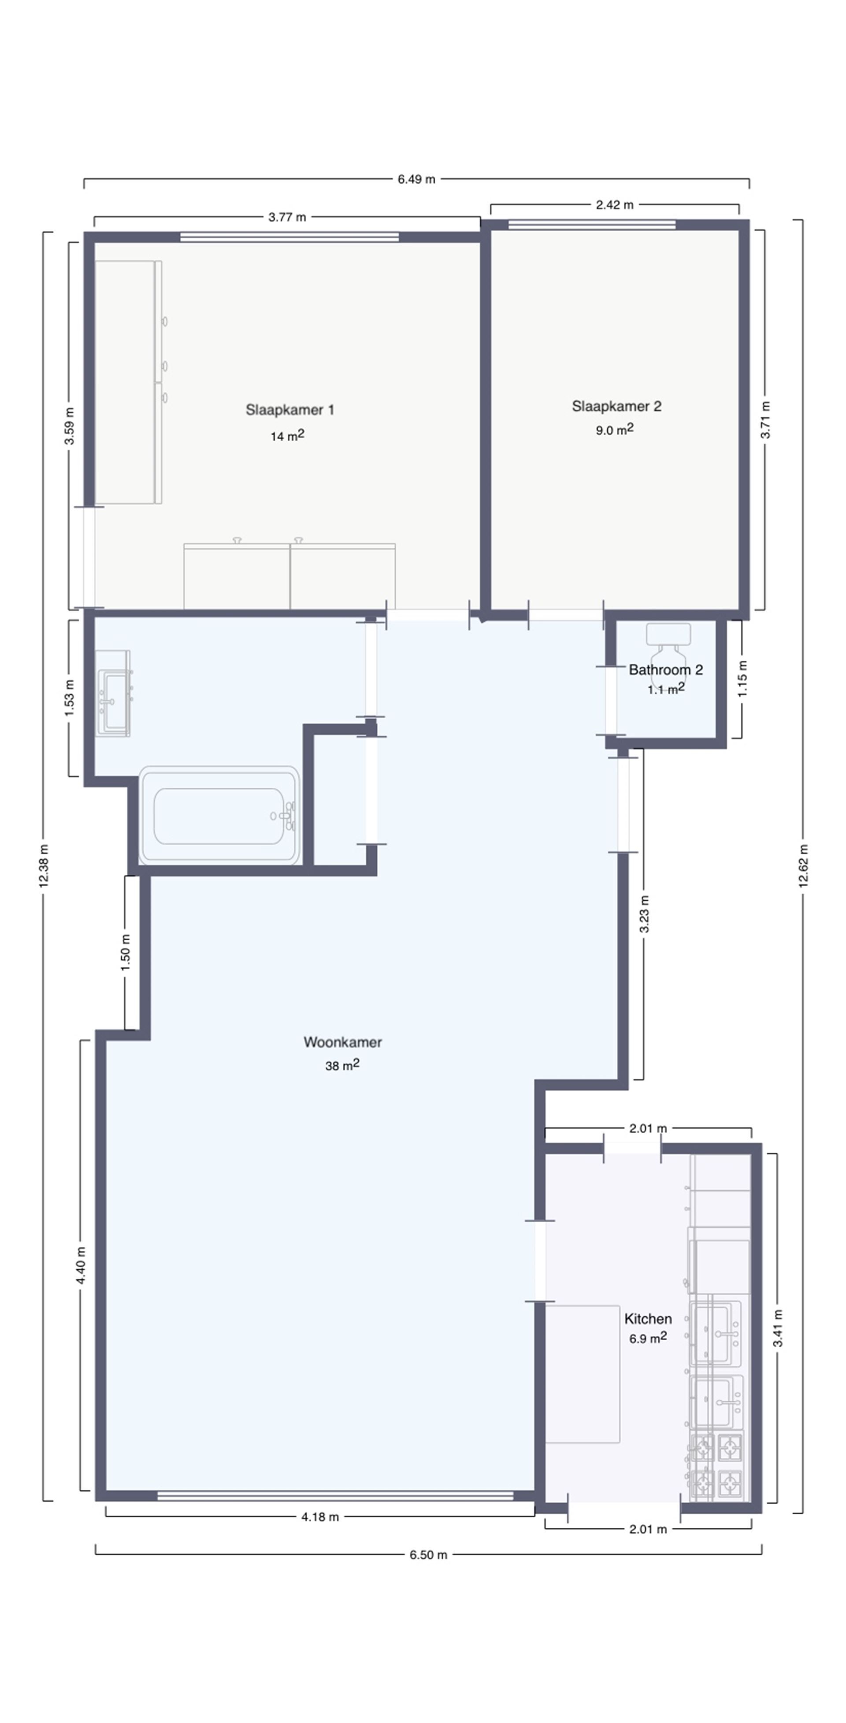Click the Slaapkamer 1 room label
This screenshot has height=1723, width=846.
289,409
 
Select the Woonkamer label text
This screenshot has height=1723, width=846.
342,1042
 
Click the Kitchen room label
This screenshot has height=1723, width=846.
647,1318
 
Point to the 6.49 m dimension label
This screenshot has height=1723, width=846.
416,179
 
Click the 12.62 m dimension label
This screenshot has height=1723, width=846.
802,865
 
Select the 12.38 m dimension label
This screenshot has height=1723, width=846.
44,865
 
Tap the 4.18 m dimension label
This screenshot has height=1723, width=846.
320,1516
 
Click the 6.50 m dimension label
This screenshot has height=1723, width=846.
428,1554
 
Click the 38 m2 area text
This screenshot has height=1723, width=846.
342,1065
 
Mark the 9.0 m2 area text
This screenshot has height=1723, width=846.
614,429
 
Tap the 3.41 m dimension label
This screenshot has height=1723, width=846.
777,1327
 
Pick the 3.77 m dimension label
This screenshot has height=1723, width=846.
287,217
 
